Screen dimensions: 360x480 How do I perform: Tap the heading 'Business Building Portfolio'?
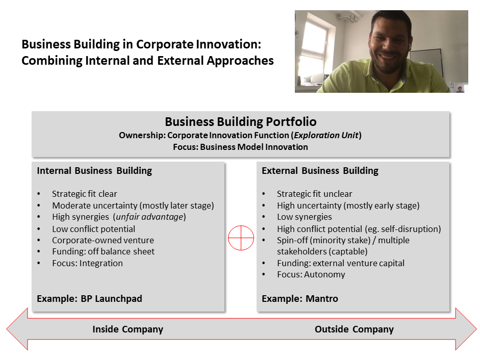tap(240, 122)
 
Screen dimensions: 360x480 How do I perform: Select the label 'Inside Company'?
tap(128, 329)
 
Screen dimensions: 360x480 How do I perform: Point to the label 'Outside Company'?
tap(354, 329)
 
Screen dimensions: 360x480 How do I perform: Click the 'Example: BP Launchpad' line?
tap(89, 299)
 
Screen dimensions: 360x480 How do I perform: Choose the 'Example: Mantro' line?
tap(299, 299)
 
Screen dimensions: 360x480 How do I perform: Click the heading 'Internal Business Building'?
tap(94, 171)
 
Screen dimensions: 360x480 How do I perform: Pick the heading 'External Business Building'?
tap(320, 171)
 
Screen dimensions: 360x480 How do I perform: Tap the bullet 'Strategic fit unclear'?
tap(314, 194)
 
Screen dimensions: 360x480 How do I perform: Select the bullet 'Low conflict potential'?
tap(93, 229)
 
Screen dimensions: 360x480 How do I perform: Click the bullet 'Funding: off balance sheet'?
tap(103, 251)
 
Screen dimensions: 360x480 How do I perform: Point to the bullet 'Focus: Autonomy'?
tap(311, 275)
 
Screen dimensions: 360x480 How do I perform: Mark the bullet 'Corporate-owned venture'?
tap(103, 240)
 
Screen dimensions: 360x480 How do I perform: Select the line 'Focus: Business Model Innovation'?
tap(240, 147)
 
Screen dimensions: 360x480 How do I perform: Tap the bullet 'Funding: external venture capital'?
tap(340, 264)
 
